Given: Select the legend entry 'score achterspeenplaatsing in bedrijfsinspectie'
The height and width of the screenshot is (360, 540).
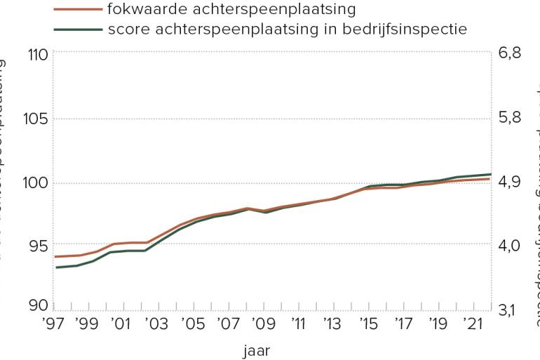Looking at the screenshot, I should (288, 29).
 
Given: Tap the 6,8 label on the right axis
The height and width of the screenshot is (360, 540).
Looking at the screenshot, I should (510, 54).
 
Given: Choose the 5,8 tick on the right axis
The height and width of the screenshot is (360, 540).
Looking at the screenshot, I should (510, 118).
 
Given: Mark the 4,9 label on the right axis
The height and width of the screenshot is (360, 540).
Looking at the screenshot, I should (510, 182).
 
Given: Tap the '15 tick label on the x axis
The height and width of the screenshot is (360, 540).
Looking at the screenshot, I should (369, 325).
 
